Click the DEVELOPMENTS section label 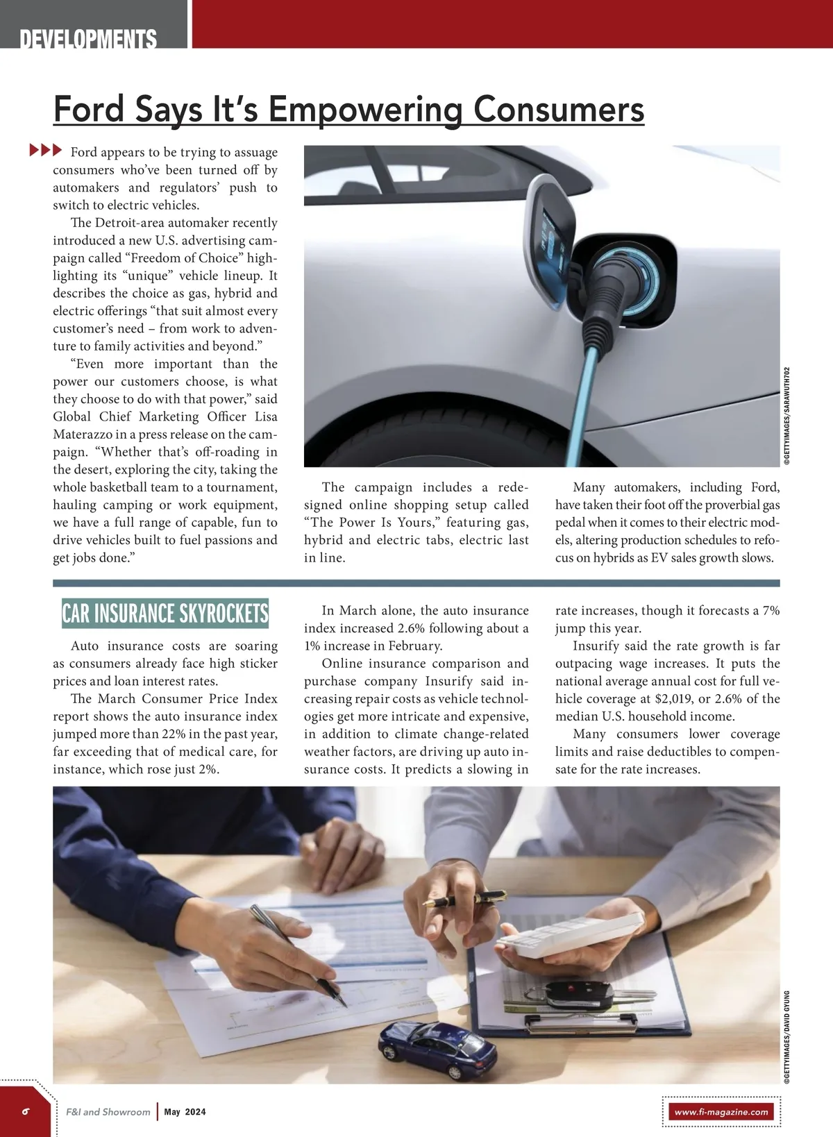click(88, 39)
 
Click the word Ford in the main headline click(88, 110)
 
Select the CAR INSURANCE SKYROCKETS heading click(165, 614)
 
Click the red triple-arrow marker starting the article click(45, 150)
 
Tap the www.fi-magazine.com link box click(721, 1112)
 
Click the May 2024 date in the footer click(185, 1112)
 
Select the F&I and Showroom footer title click(108, 1112)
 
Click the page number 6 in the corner click(26, 1111)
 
